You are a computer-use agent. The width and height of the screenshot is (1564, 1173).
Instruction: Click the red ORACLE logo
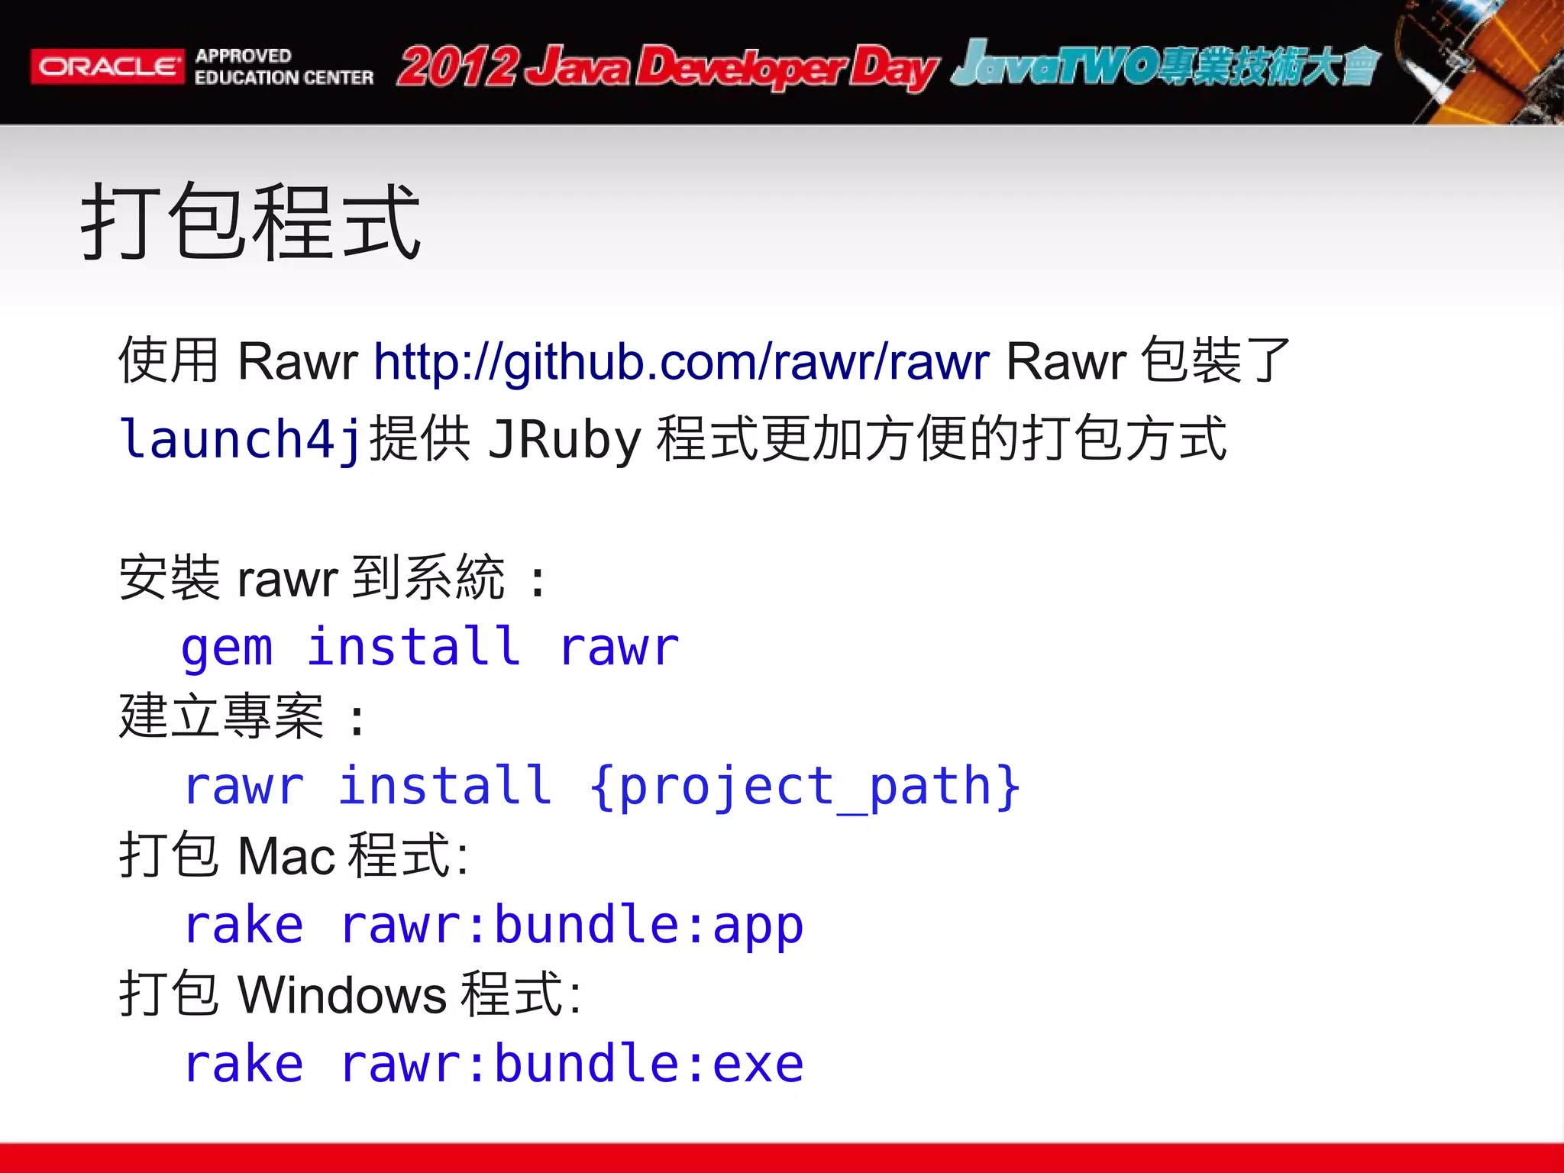[x=107, y=66]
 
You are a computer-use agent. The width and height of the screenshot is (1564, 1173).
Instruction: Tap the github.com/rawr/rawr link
[x=681, y=361]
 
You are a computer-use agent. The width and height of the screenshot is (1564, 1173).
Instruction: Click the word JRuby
[x=564, y=440]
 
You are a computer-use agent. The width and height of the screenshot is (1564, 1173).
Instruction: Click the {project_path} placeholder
[x=804, y=787]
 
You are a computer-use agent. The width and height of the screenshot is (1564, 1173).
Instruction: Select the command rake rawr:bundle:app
[x=494, y=926]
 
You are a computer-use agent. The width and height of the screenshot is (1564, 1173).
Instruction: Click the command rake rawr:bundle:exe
[x=494, y=1065]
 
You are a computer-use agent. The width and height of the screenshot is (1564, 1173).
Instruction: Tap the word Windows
[x=341, y=995]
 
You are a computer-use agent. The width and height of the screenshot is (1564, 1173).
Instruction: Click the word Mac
[x=286, y=856]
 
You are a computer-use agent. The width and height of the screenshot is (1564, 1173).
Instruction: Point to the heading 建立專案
[x=221, y=717]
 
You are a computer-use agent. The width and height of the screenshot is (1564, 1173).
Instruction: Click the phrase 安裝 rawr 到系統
[x=312, y=578]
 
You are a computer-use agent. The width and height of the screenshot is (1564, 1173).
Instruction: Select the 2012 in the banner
[x=458, y=67]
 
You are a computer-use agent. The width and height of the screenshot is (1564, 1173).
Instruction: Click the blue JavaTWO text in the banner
[x=1054, y=66]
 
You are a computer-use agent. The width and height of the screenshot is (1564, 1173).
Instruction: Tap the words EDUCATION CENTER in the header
[x=284, y=78]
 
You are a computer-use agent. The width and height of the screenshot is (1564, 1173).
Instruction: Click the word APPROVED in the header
[x=243, y=56]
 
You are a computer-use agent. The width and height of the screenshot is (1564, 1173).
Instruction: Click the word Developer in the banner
[x=741, y=69]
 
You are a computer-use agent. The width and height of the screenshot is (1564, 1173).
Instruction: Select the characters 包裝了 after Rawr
[x=1214, y=360]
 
